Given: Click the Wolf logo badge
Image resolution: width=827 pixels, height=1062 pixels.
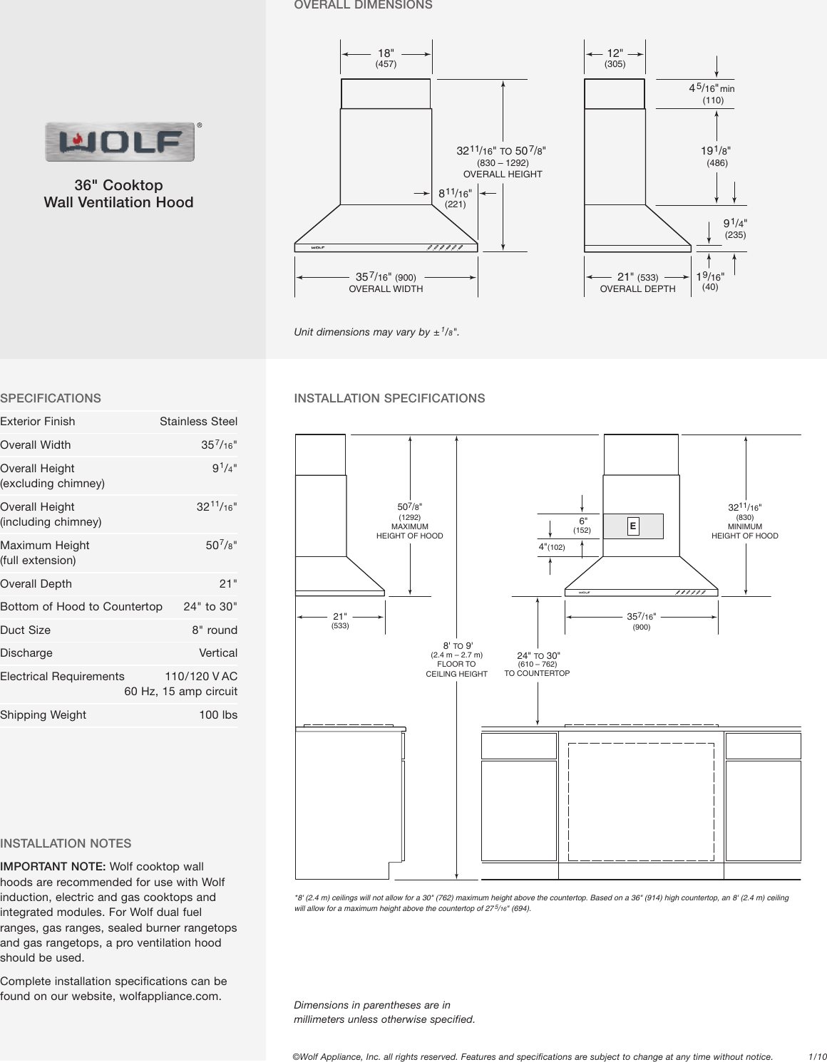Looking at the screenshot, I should (x=120, y=142).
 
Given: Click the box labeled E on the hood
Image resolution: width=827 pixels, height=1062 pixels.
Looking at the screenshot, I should (x=632, y=526).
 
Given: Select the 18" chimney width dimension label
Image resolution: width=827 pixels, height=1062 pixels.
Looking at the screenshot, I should (x=386, y=53).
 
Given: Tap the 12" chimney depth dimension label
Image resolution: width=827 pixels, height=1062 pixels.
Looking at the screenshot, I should (x=615, y=53).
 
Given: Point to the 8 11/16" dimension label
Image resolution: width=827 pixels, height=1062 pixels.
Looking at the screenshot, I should (x=455, y=193).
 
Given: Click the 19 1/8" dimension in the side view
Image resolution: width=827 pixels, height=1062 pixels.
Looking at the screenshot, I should (x=716, y=151).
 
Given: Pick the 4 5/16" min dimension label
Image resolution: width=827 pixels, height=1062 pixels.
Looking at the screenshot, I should (x=711, y=88).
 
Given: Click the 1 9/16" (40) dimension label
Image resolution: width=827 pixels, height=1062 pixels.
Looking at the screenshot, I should (x=710, y=276).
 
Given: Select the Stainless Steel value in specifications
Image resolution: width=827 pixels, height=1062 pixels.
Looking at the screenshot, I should (x=198, y=422).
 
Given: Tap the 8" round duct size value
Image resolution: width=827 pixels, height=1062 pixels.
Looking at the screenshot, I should (x=214, y=630).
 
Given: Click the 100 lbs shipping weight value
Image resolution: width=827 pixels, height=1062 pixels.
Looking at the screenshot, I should (x=218, y=715).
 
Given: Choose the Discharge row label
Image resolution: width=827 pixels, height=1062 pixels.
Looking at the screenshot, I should (x=26, y=653).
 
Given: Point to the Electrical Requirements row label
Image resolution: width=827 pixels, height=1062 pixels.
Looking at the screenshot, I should (x=63, y=677).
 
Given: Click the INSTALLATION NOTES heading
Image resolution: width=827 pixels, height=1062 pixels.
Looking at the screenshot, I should (x=66, y=844).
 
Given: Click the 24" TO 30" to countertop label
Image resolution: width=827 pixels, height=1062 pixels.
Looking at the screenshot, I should (x=538, y=656).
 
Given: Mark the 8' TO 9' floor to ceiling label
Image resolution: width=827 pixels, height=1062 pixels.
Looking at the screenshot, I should (x=458, y=646).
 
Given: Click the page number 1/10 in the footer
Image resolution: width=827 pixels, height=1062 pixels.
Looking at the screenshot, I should (x=817, y=1057).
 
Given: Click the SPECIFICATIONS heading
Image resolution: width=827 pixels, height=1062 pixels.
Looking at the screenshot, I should (x=51, y=399).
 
